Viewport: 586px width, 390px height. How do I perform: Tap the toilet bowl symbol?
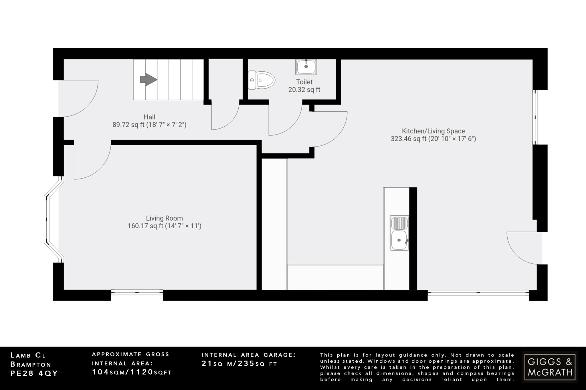pos(262,80)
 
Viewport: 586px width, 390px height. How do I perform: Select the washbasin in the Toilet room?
pos(306,67)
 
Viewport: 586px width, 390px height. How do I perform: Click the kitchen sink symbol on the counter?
pos(399,233)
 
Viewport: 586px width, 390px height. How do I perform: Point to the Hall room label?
pos(149,117)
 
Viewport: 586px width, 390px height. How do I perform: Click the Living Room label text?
pos(164,218)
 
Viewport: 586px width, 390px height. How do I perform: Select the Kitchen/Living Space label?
pos(433,131)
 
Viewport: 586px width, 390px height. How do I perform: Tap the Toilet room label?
pos(304,82)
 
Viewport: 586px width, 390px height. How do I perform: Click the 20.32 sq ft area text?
pos(304,90)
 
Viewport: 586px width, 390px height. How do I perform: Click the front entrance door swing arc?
pos(83,100)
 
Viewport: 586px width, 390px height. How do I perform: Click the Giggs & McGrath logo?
pos(550,367)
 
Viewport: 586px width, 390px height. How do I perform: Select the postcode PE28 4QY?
pos(34,373)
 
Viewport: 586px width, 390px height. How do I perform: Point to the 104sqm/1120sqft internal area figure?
pos(132,372)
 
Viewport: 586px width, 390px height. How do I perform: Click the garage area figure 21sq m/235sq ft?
pos(239,364)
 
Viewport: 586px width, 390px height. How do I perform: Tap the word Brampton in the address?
pos(31,364)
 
